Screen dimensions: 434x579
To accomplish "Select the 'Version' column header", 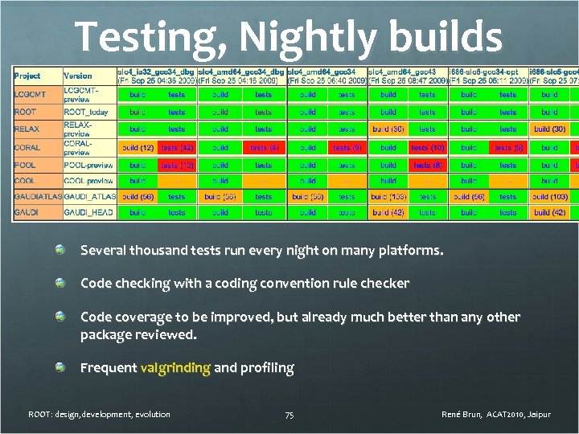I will click(77, 76).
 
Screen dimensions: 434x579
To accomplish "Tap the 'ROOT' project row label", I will click(25, 112).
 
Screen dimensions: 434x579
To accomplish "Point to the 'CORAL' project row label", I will click(27, 147).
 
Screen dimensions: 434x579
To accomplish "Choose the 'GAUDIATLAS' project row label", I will click(37, 196).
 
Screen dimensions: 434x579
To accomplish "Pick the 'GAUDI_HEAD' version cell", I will click(88, 212).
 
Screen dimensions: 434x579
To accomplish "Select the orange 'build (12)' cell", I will click(138, 148).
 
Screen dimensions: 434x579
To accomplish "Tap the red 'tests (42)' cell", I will click(177, 148).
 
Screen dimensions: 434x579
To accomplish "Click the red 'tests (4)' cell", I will click(264, 148).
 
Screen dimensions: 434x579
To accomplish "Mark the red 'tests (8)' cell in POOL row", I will click(428, 165).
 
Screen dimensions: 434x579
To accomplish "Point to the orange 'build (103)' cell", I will click(550, 196).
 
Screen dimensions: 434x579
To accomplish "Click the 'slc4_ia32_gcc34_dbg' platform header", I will click(156, 72).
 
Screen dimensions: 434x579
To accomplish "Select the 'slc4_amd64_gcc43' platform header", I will click(408, 72).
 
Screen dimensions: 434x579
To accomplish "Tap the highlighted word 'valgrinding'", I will click(175, 368).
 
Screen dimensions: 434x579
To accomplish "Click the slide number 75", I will click(289, 415).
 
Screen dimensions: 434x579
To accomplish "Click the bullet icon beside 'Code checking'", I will click(60, 283).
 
